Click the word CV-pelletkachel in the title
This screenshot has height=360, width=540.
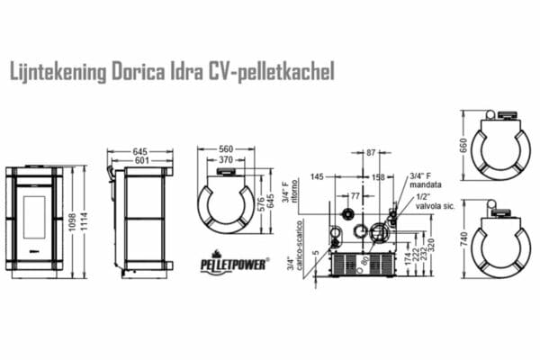276,71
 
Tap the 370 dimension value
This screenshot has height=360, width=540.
226,160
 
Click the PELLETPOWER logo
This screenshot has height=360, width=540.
226,263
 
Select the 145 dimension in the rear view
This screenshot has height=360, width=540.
316,177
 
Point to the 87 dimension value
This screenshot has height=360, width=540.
371,153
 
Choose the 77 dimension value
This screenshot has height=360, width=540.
355,195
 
